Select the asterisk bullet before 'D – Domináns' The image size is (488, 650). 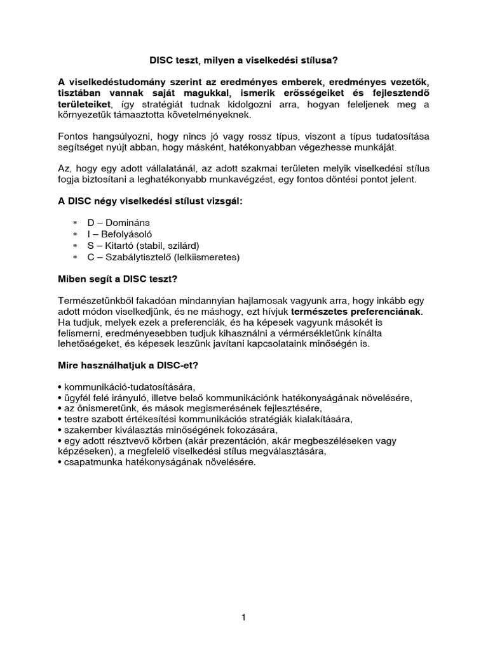(74, 223)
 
